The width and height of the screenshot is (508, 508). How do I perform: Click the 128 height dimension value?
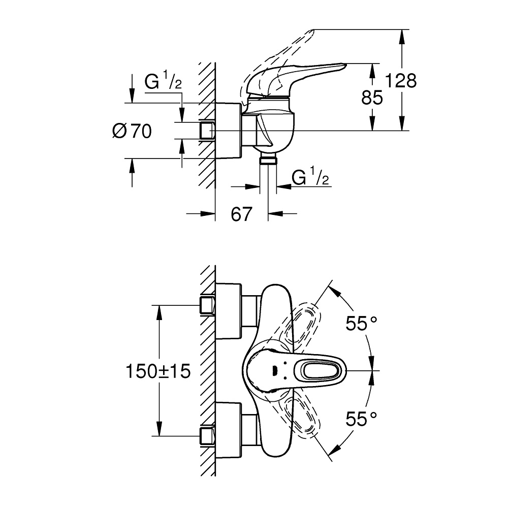click(x=400, y=81)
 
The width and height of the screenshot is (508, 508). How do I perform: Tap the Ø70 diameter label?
click(x=132, y=132)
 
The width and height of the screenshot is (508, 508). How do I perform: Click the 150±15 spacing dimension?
click(x=158, y=371)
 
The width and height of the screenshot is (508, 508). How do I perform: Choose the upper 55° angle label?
click(x=362, y=324)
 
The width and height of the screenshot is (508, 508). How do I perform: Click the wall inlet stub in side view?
click(x=207, y=131)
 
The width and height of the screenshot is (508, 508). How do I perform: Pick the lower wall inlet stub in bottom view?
click(x=207, y=435)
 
